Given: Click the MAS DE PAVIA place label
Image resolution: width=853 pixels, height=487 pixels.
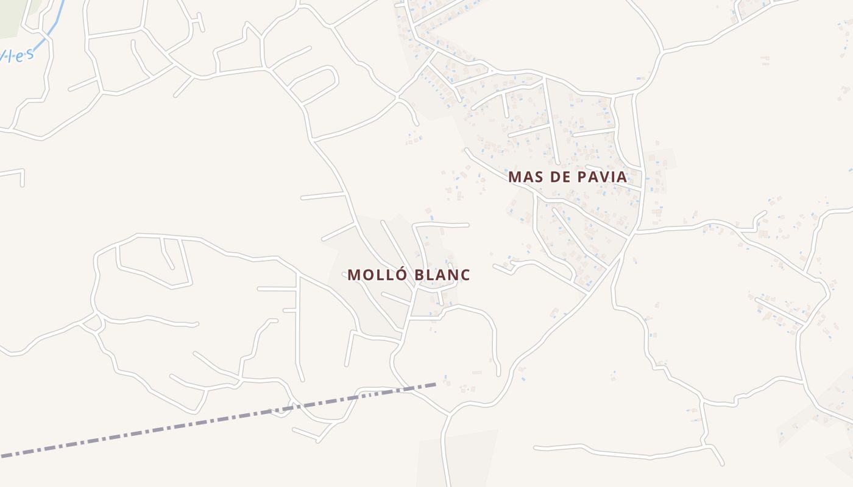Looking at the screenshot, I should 567,177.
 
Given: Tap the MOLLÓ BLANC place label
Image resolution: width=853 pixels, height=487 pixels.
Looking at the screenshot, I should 409,275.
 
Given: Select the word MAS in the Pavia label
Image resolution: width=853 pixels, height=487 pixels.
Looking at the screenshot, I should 523,177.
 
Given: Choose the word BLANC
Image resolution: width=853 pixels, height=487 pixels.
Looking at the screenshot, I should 442,275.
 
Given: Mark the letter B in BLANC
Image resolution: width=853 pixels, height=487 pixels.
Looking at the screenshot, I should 419,275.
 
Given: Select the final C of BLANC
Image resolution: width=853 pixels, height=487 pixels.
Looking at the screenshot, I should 465,275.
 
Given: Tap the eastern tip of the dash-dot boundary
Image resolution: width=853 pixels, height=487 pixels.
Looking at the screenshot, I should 435,384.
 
